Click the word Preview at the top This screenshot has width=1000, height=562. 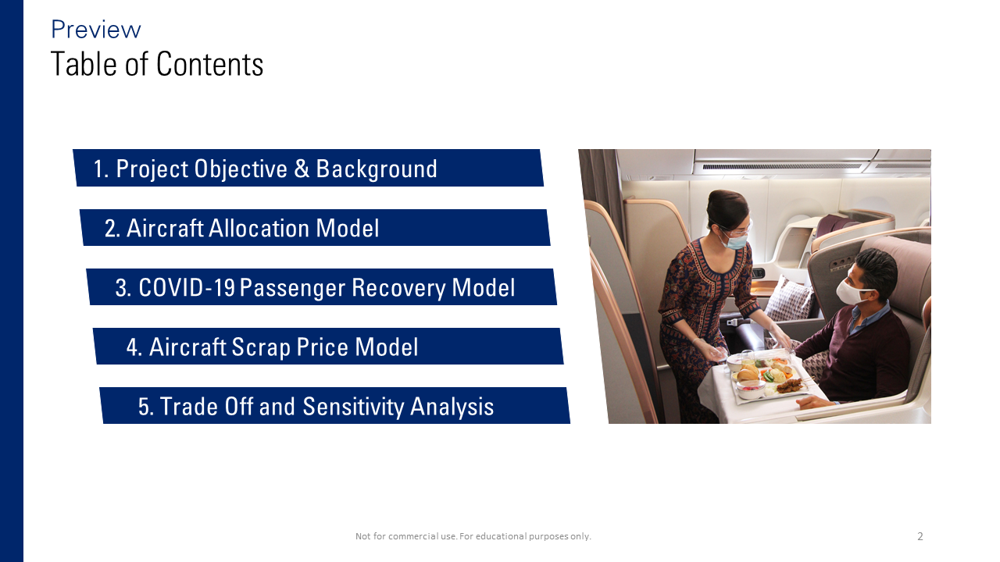(x=96, y=30)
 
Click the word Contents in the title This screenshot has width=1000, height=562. (x=210, y=64)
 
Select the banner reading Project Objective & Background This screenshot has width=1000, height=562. (x=308, y=168)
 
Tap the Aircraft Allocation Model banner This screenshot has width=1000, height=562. (x=315, y=227)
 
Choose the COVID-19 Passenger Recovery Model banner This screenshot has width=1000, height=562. (x=321, y=286)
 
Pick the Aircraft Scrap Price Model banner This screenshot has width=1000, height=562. (x=328, y=346)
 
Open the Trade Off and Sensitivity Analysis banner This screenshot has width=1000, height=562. (x=335, y=405)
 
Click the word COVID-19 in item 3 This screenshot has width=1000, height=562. (x=187, y=287)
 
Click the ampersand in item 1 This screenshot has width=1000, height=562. (x=302, y=169)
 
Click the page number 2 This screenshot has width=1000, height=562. (x=920, y=536)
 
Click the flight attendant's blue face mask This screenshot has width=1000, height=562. (x=735, y=241)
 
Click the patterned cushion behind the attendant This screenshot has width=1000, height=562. (x=789, y=299)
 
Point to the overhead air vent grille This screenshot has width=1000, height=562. (x=782, y=166)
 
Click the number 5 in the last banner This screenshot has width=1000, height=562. (x=143, y=407)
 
